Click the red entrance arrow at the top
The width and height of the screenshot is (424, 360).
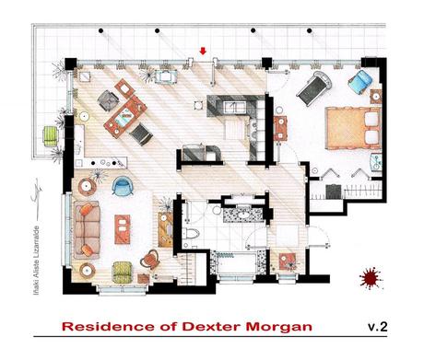(x=204, y=52)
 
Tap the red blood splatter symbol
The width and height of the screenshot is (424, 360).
(x=371, y=275)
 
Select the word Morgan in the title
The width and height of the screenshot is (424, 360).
(x=281, y=327)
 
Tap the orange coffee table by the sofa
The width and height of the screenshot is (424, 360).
(x=123, y=227)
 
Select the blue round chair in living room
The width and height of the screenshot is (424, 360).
(x=122, y=186)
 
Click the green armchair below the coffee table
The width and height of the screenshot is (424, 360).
(x=123, y=271)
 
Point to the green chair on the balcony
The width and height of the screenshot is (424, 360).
(x=51, y=136)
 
